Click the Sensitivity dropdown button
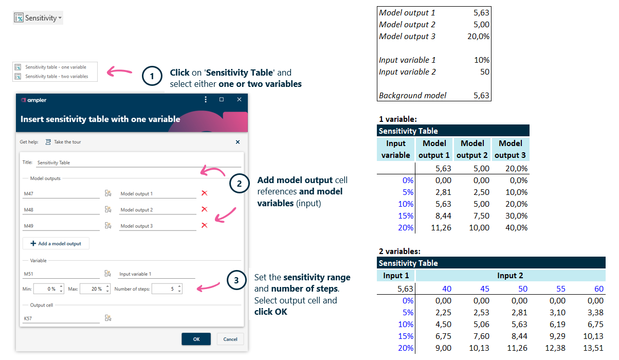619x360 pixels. [38, 18]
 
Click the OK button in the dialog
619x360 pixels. [196, 339]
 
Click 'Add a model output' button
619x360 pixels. [56, 243]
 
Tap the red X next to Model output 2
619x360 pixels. [204, 209]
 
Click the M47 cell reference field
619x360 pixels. [61, 194]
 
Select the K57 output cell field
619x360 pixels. [61, 319]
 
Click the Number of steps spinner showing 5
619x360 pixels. [167, 289]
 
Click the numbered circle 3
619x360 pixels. [236, 280]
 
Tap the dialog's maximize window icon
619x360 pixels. [222, 100]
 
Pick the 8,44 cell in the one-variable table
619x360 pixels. [442, 215]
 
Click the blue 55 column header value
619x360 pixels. [562, 289]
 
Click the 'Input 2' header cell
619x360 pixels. [510, 276]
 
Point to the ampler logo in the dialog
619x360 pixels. [34, 100]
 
